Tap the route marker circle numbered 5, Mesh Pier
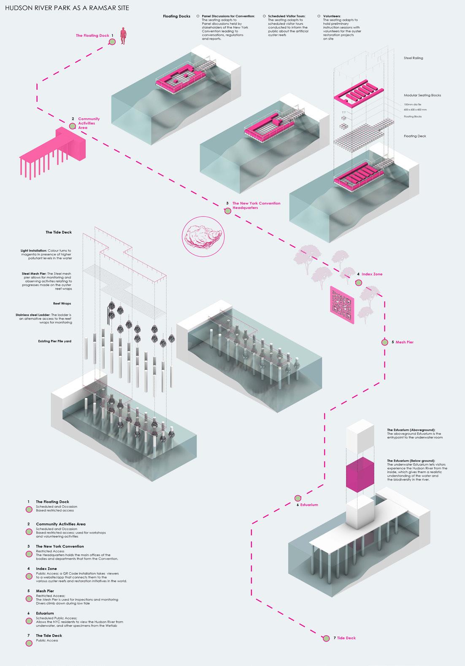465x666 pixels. point(384,342)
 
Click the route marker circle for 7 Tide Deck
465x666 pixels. point(326,638)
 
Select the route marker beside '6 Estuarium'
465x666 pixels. point(298,498)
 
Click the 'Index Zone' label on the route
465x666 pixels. point(372,274)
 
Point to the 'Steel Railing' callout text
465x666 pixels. point(413,58)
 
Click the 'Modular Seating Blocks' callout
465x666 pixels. point(422,95)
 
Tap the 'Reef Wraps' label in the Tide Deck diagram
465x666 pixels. point(62,304)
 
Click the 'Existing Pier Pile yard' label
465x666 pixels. point(55,341)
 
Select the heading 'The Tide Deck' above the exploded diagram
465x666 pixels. point(59,232)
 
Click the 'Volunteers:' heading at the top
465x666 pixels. point(332,16)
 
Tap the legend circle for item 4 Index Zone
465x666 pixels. point(29,576)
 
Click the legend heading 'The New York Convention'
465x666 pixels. point(59,546)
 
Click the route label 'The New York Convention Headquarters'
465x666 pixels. point(256,205)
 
